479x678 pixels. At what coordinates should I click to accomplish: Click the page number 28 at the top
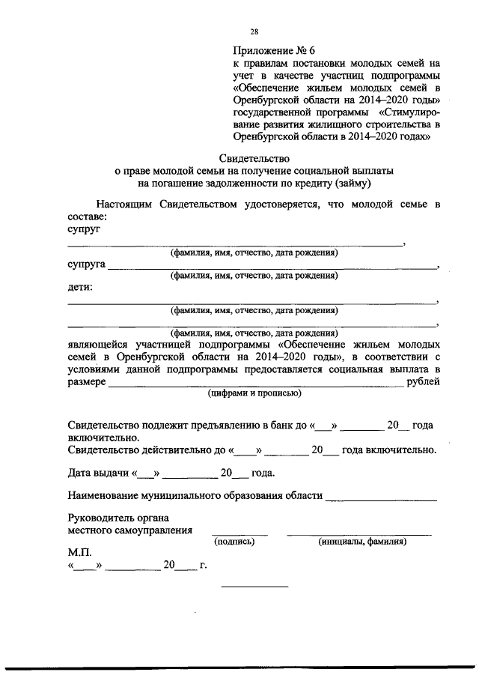(x=254, y=31)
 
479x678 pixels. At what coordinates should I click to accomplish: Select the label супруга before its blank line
(x=86, y=265)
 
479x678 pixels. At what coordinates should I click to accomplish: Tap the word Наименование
(x=107, y=496)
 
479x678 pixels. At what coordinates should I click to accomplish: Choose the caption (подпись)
(x=234, y=540)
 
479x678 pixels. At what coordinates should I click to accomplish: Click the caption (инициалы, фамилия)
(x=361, y=540)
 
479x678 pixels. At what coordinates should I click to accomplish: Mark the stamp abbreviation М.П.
(x=79, y=551)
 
